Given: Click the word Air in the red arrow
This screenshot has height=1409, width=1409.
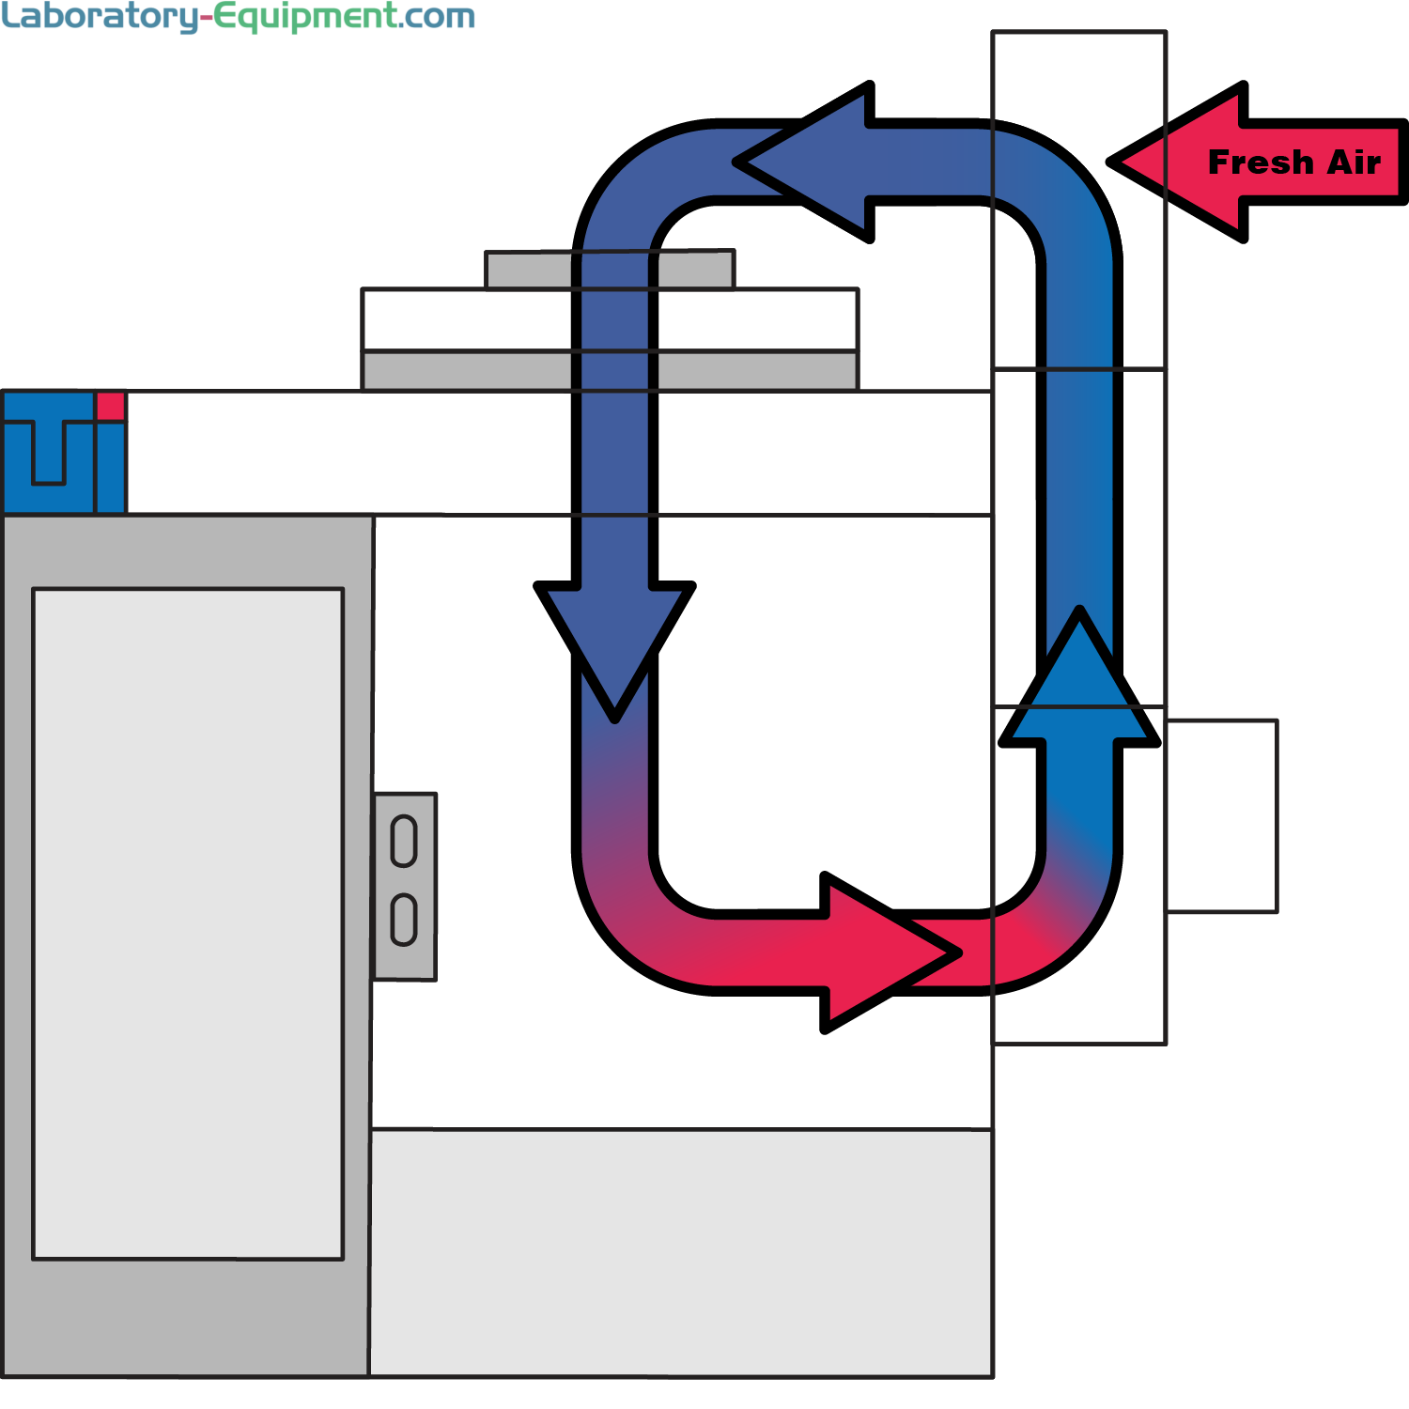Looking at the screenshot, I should [x=1354, y=163].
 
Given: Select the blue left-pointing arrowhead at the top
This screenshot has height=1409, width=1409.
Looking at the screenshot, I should [x=808, y=162].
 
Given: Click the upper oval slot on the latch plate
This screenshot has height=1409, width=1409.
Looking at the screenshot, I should [x=404, y=841].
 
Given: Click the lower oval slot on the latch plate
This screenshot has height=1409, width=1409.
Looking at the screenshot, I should [x=404, y=920].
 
